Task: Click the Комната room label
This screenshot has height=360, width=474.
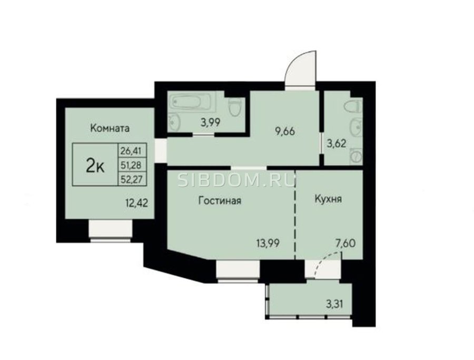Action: point(110,128)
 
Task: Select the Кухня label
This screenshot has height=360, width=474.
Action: point(328,199)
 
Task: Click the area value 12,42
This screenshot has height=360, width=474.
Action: point(136,203)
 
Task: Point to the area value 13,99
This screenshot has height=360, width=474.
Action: point(268,243)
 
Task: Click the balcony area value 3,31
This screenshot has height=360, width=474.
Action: point(334,303)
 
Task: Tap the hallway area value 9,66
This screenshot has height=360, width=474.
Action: point(284,132)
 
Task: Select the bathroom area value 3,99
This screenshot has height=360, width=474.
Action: point(210,122)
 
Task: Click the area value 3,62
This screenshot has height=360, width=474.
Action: point(337,143)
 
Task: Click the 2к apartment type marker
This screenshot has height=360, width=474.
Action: point(95,166)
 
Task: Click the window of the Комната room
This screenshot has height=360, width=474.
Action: point(111,231)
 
